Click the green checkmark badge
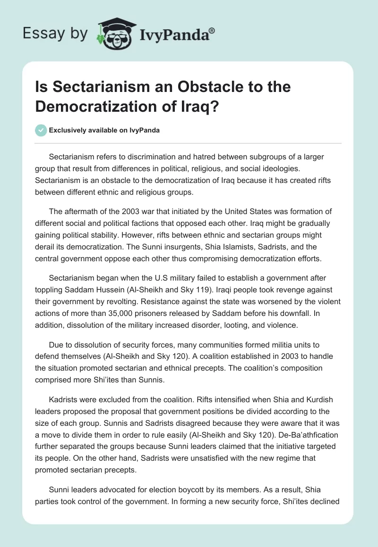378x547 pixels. (41, 131)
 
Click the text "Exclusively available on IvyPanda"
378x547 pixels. (104, 131)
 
